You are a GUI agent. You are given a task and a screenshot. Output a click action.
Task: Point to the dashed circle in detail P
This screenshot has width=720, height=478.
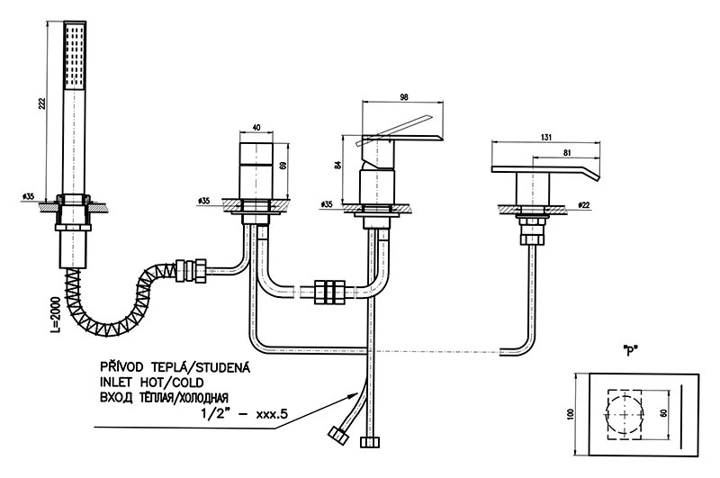[627, 413]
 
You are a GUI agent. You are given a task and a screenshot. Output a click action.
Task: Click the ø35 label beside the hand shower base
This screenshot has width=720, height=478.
[28, 195]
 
